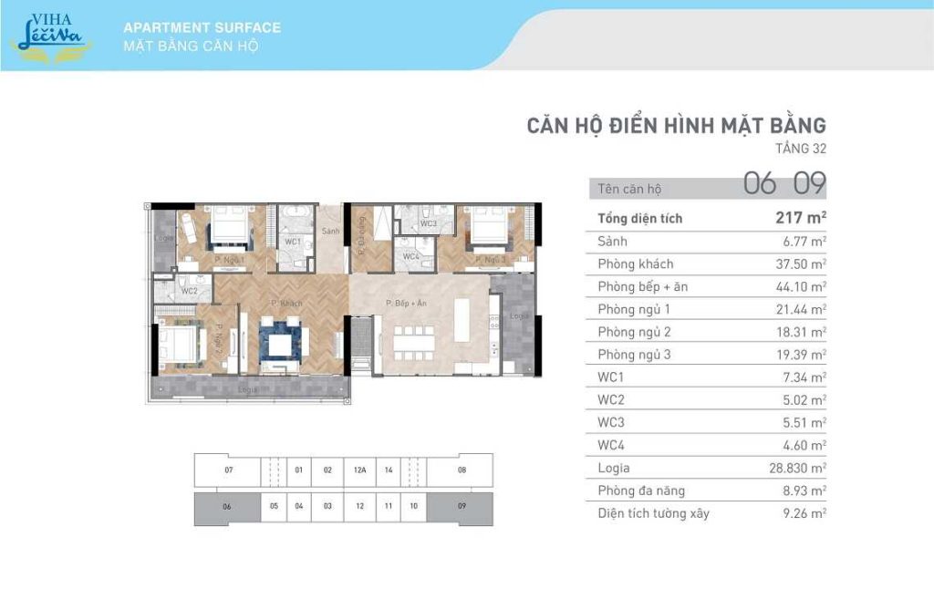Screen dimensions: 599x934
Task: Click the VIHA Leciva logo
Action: [50, 33]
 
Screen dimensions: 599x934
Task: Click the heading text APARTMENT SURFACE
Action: [202, 27]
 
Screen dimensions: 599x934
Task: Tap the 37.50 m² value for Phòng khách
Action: [800, 263]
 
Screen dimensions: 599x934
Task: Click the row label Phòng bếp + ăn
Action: [642, 286]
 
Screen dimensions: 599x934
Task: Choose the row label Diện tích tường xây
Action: [653, 513]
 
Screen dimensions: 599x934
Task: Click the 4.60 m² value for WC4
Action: [804, 446]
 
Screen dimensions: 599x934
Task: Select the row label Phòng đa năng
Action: [641, 491]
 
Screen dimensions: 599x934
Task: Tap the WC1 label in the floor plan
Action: [293, 242]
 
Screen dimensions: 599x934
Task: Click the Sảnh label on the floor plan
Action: [330, 232]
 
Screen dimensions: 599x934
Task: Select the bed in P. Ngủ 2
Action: [180, 344]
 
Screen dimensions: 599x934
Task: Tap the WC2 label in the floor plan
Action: [190, 291]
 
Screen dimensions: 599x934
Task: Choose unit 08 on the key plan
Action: [462, 470]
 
